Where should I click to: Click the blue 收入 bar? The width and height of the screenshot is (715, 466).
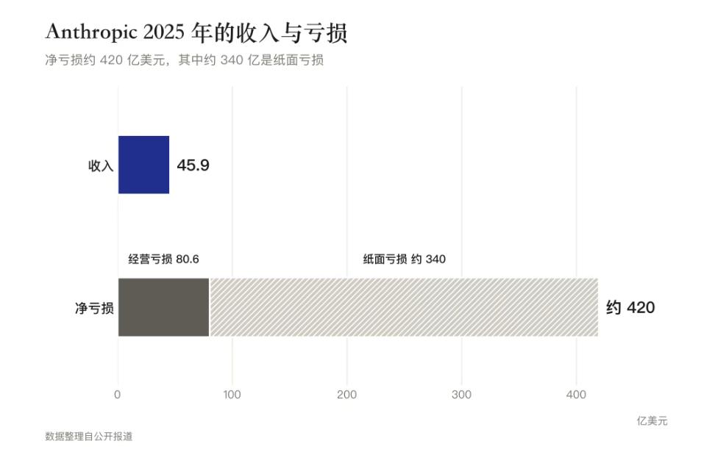(x=143, y=165)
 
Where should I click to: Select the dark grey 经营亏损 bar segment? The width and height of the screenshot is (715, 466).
(x=164, y=307)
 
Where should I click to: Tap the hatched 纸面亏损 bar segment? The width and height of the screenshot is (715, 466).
(x=404, y=307)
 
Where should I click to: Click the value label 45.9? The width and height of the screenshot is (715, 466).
(x=193, y=165)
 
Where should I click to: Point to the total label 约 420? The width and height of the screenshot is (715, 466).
(x=630, y=307)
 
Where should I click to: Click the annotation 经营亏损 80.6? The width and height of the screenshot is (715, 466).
(x=164, y=259)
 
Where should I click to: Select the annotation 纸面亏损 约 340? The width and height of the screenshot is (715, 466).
(x=404, y=259)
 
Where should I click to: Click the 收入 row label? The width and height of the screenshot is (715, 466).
(x=101, y=165)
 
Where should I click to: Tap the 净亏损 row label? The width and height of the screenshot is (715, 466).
(x=94, y=308)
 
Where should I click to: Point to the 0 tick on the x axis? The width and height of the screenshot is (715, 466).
(x=118, y=395)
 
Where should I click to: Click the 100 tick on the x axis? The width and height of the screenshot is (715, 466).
(x=232, y=395)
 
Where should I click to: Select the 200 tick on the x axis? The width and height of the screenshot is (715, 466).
(x=347, y=395)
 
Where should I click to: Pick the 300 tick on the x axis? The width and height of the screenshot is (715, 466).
(x=461, y=395)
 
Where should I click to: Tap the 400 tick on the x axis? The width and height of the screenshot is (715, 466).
(x=576, y=395)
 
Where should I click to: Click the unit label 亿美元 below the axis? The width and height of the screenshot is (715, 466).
(x=652, y=421)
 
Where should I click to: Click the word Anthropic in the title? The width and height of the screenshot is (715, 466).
(x=91, y=32)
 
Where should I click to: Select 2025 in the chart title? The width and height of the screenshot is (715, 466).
(x=164, y=32)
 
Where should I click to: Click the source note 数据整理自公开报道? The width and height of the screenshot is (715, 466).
(x=89, y=437)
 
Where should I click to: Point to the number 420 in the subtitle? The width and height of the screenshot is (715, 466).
(x=111, y=60)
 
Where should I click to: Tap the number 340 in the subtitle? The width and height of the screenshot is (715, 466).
(x=232, y=60)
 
